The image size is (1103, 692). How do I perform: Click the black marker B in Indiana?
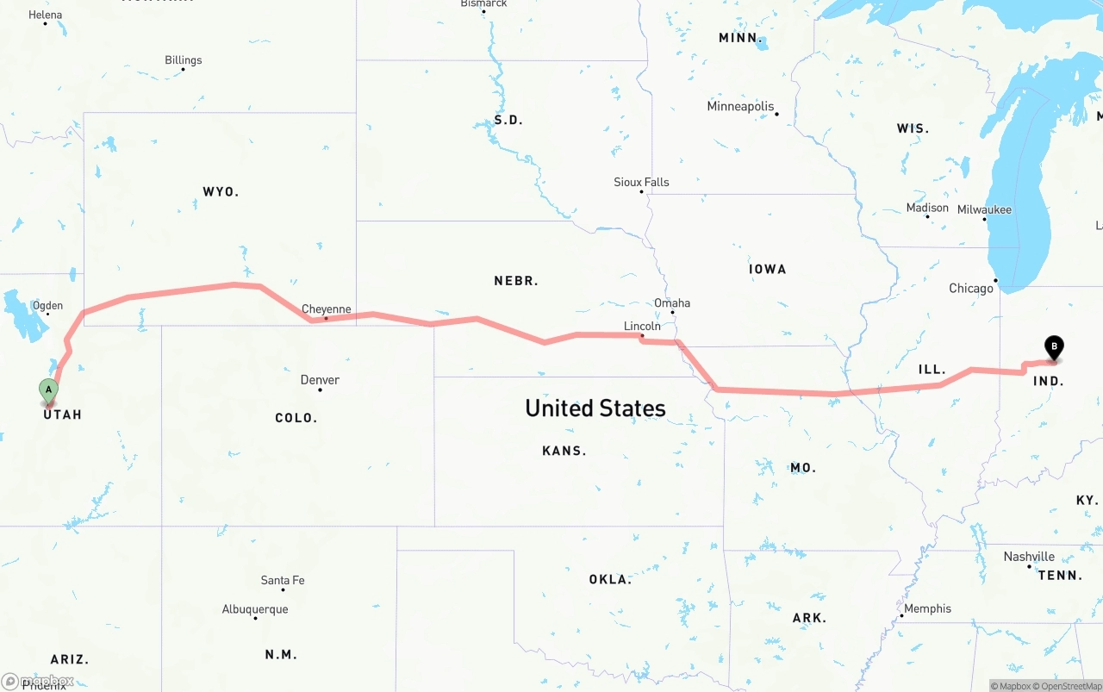coord(1053,346)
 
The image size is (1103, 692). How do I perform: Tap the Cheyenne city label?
coord(326,309)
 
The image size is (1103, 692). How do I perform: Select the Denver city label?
coord(320,380)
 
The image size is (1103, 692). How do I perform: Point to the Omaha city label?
coord(672,303)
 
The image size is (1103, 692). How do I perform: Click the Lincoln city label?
coord(642,326)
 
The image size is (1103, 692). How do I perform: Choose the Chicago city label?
coord(971,289)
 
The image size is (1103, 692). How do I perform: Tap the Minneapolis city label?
coord(740,107)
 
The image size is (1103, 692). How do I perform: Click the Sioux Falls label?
coord(641,183)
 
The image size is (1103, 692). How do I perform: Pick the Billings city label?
coord(184,60)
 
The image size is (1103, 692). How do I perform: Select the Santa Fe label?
coord(283,581)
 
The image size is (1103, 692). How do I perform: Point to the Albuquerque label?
coord(255,609)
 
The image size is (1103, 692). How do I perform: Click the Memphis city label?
coord(928,608)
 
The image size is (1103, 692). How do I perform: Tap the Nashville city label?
coord(1029,557)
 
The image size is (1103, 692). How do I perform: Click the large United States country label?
coord(595,408)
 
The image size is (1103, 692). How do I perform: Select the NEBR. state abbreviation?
coord(516,281)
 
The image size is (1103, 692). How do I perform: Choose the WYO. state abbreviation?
coord(221,191)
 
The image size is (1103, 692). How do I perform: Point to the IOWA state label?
coord(767,269)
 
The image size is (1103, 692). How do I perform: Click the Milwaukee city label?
coord(984,210)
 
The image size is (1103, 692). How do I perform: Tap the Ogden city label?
coord(47,306)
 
